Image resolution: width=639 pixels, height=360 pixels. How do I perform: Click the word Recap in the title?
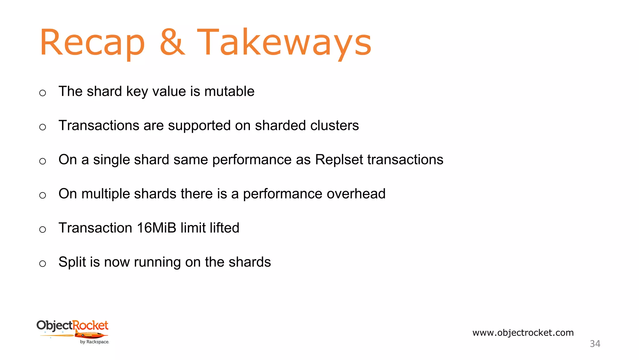(92, 42)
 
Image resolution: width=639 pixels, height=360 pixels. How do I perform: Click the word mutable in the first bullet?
(229, 91)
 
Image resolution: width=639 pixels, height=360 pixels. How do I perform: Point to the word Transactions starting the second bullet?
(99, 125)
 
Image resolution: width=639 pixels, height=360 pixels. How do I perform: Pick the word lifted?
(224, 227)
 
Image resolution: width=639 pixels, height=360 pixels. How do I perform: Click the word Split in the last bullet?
(72, 262)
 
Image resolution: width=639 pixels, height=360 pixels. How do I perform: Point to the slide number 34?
(595, 344)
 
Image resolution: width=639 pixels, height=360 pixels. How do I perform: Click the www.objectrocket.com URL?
(523, 332)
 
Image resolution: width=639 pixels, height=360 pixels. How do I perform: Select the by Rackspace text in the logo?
(94, 342)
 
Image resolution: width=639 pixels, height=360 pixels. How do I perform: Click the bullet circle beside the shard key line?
(43, 93)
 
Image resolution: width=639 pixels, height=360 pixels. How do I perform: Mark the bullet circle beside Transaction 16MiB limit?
(43, 229)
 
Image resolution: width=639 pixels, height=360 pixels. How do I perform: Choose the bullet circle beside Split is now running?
(43, 263)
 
